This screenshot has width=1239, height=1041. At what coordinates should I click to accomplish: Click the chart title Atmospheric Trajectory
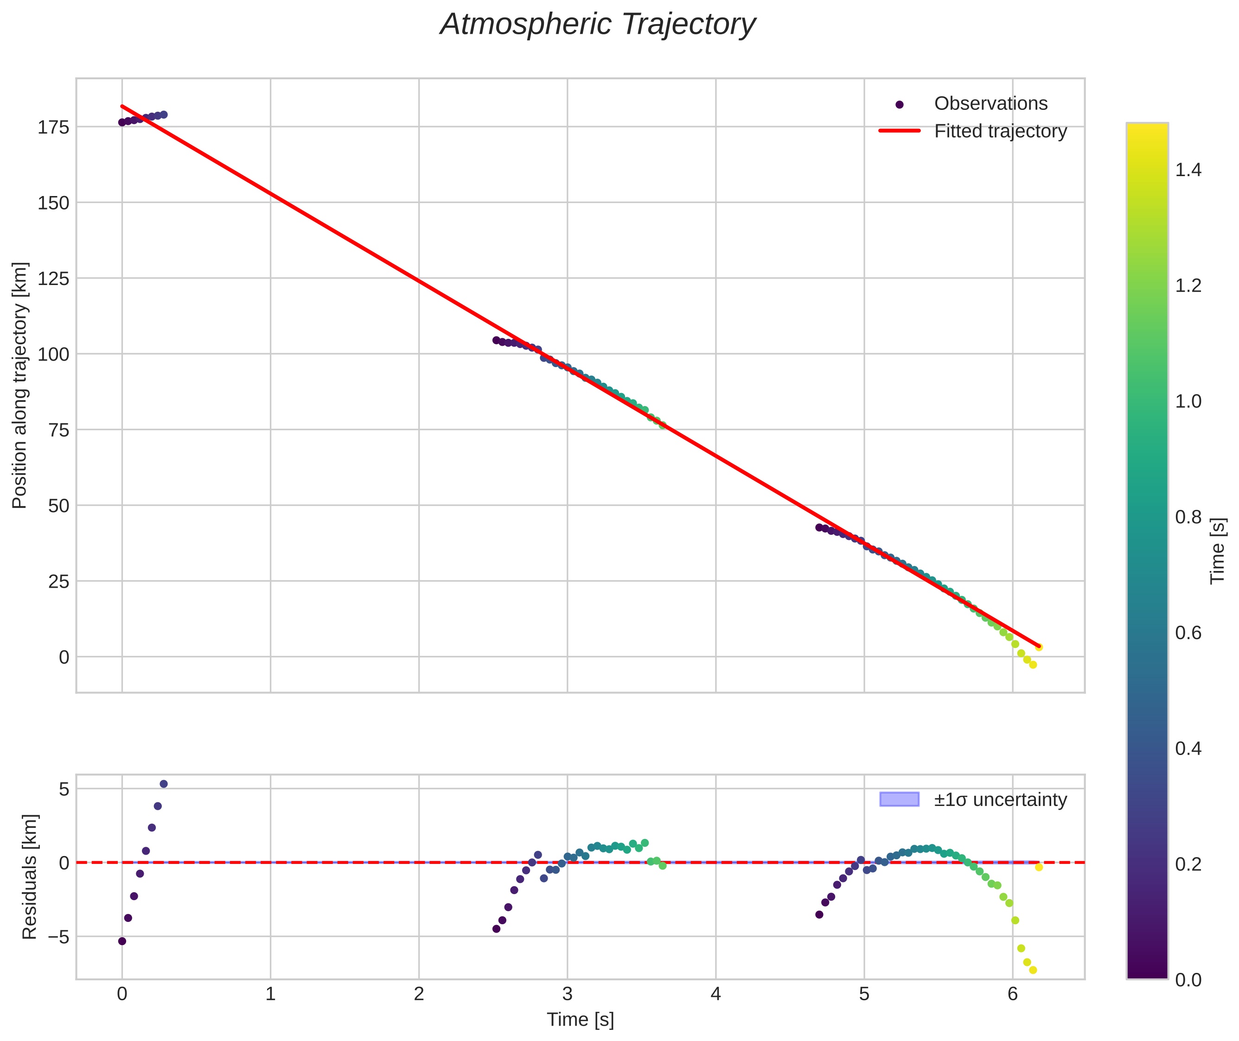point(597,25)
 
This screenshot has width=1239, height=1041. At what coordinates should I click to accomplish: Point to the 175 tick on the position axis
point(53,127)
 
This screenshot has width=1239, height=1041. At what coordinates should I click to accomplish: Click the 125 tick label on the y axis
point(53,279)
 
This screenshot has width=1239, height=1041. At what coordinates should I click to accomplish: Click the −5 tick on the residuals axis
point(53,937)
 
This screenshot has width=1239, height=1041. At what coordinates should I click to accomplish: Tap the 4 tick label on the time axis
point(715,994)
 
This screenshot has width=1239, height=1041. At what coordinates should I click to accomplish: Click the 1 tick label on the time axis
point(270,994)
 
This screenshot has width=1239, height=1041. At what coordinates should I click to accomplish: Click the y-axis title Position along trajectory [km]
point(19,385)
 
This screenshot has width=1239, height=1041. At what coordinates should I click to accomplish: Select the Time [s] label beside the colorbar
point(1217,551)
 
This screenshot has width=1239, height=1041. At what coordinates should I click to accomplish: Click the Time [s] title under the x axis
point(580,1020)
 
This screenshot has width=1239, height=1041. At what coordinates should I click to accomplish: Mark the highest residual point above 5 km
point(164,784)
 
